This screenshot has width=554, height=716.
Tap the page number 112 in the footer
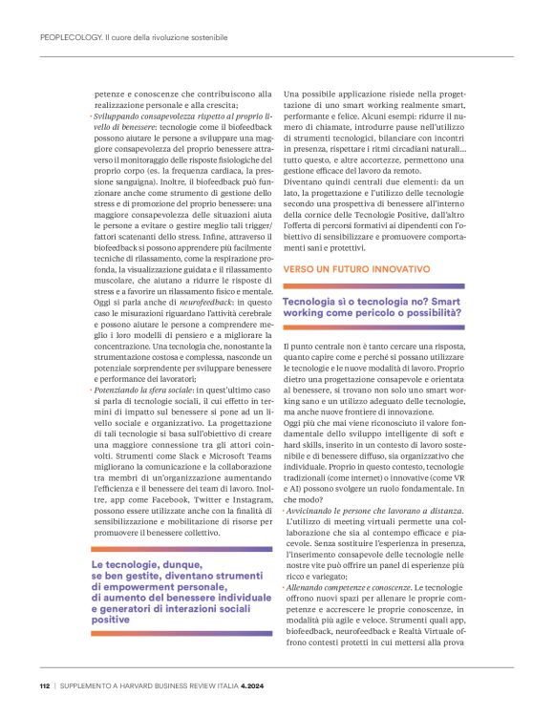pyautogui.click(x=45, y=685)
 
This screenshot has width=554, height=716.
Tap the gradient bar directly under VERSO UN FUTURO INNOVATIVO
pyautogui.click(x=373, y=285)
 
